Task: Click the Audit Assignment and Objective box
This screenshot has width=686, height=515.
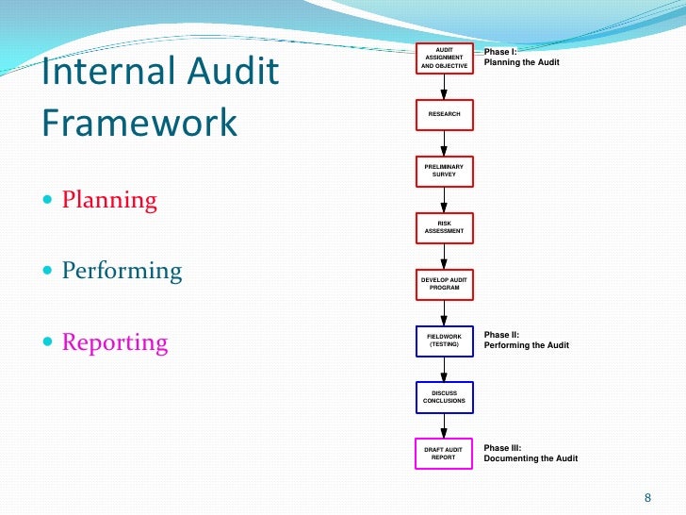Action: (444, 58)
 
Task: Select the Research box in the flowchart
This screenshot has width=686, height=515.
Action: (444, 114)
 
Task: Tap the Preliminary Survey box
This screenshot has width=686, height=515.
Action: (444, 171)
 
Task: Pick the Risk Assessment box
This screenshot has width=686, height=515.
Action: (444, 226)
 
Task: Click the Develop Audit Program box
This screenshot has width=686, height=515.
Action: (444, 283)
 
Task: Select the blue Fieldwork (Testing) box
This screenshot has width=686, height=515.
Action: (444, 340)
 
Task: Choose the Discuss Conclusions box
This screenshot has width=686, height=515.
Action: (444, 397)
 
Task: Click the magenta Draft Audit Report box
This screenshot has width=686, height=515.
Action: (444, 454)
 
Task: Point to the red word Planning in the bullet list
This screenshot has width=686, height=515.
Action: (109, 201)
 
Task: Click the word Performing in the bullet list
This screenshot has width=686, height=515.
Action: (122, 272)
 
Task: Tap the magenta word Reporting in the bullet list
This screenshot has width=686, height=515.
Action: (114, 342)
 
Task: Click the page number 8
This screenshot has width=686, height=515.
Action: (646, 498)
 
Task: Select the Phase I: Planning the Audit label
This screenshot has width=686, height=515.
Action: (521, 57)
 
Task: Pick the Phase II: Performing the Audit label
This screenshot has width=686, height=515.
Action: (526, 340)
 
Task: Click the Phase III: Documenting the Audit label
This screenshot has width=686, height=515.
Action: (531, 453)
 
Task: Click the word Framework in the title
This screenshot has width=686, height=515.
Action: (139, 124)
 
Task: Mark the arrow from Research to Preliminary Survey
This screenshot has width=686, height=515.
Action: (444, 143)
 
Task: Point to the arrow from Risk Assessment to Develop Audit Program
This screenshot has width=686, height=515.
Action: (444, 256)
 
